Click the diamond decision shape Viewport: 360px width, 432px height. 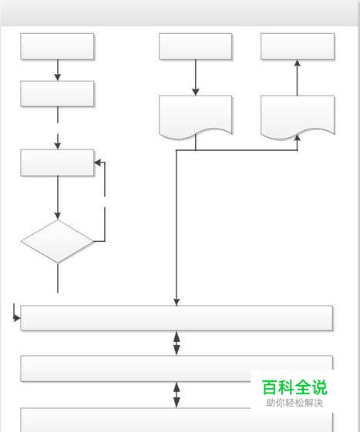coord(57,241)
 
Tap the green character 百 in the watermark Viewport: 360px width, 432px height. coord(270,387)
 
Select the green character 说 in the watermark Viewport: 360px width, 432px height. coord(319,387)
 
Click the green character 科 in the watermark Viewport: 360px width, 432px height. coord(286,387)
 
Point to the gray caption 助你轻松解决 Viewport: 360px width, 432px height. coord(294,403)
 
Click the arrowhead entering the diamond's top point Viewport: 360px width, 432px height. coord(57,216)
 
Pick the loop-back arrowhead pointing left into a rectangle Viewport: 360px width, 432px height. coord(97,162)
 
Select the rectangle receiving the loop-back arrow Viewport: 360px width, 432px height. coord(57,162)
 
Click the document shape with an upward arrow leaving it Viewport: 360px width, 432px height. coord(298,116)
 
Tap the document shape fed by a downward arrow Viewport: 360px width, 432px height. coord(196,117)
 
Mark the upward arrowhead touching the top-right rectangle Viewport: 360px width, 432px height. coord(298,63)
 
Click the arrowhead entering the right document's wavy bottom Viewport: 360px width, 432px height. coord(298,138)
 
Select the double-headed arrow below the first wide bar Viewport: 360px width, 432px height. coord(177,343)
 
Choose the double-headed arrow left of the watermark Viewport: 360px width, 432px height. coord(177,395)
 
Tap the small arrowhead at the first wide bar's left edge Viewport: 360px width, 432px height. coord(17,318)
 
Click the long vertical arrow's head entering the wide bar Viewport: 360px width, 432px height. coord(177,302)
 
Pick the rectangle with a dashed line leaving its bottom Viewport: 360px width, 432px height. coord(57,94)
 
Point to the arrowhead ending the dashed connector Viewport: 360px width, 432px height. coord(57,146)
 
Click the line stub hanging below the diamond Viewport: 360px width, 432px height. coord(58,278)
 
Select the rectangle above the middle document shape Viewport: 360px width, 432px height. coord(196,46)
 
